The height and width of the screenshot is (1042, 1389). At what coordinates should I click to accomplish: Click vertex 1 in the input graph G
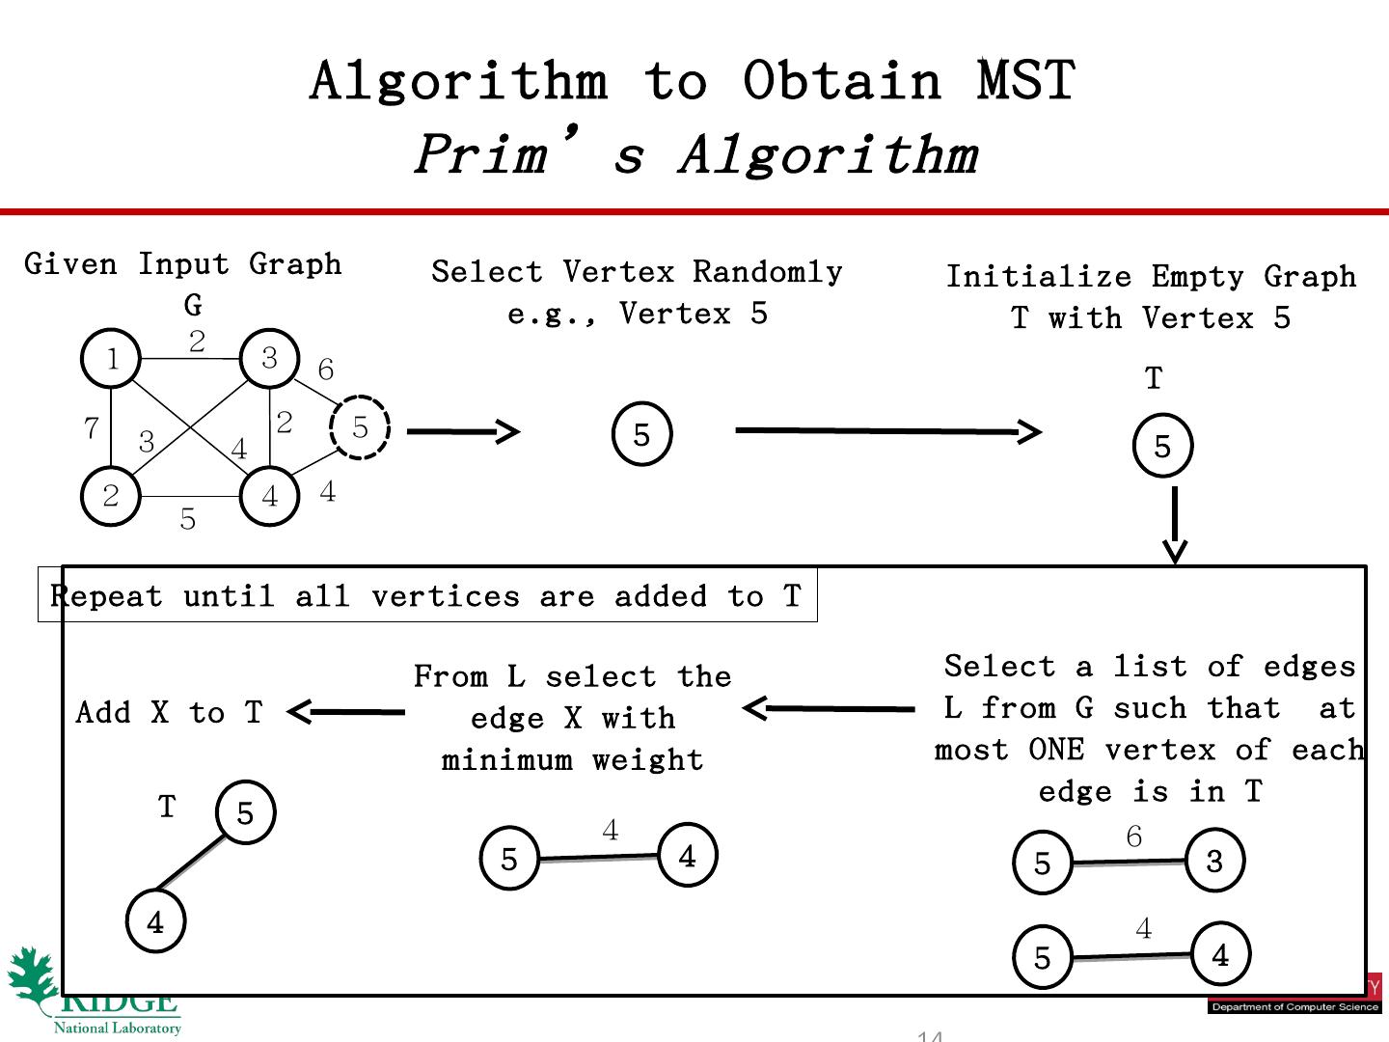coord(112,359)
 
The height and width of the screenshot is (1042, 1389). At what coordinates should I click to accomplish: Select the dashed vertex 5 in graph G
coord(360,427)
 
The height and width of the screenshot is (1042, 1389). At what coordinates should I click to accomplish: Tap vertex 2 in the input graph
coord(111,496)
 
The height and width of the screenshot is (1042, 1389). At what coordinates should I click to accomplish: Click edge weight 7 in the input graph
coord(92,427)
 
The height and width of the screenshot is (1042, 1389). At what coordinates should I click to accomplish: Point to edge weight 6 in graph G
coord(326,370)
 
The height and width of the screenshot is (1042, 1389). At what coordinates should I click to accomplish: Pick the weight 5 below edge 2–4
coord(188,519)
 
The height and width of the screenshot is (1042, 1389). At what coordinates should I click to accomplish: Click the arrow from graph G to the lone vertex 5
coord(463,431)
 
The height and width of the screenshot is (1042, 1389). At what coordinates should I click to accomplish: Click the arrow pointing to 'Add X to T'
coord(346,712)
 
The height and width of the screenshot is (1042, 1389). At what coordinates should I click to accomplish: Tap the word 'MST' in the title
coord(1025,80)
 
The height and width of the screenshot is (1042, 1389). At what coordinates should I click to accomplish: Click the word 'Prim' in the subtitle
coord(481,153)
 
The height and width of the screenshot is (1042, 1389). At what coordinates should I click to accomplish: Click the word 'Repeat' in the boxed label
coord(106,596)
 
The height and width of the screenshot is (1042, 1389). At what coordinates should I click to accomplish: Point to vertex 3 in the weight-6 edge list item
coord(1214,860)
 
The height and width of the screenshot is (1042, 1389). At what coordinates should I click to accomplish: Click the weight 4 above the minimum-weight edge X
coord(610,830)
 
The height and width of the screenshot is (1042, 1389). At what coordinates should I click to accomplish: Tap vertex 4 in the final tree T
coord(155,921)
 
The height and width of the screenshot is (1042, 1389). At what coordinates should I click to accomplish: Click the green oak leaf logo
coord(34,979)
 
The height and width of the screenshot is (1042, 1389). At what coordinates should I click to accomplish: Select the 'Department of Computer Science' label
coord(1294,1007)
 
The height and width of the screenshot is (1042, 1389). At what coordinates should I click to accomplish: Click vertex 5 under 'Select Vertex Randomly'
coord(641,435)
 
